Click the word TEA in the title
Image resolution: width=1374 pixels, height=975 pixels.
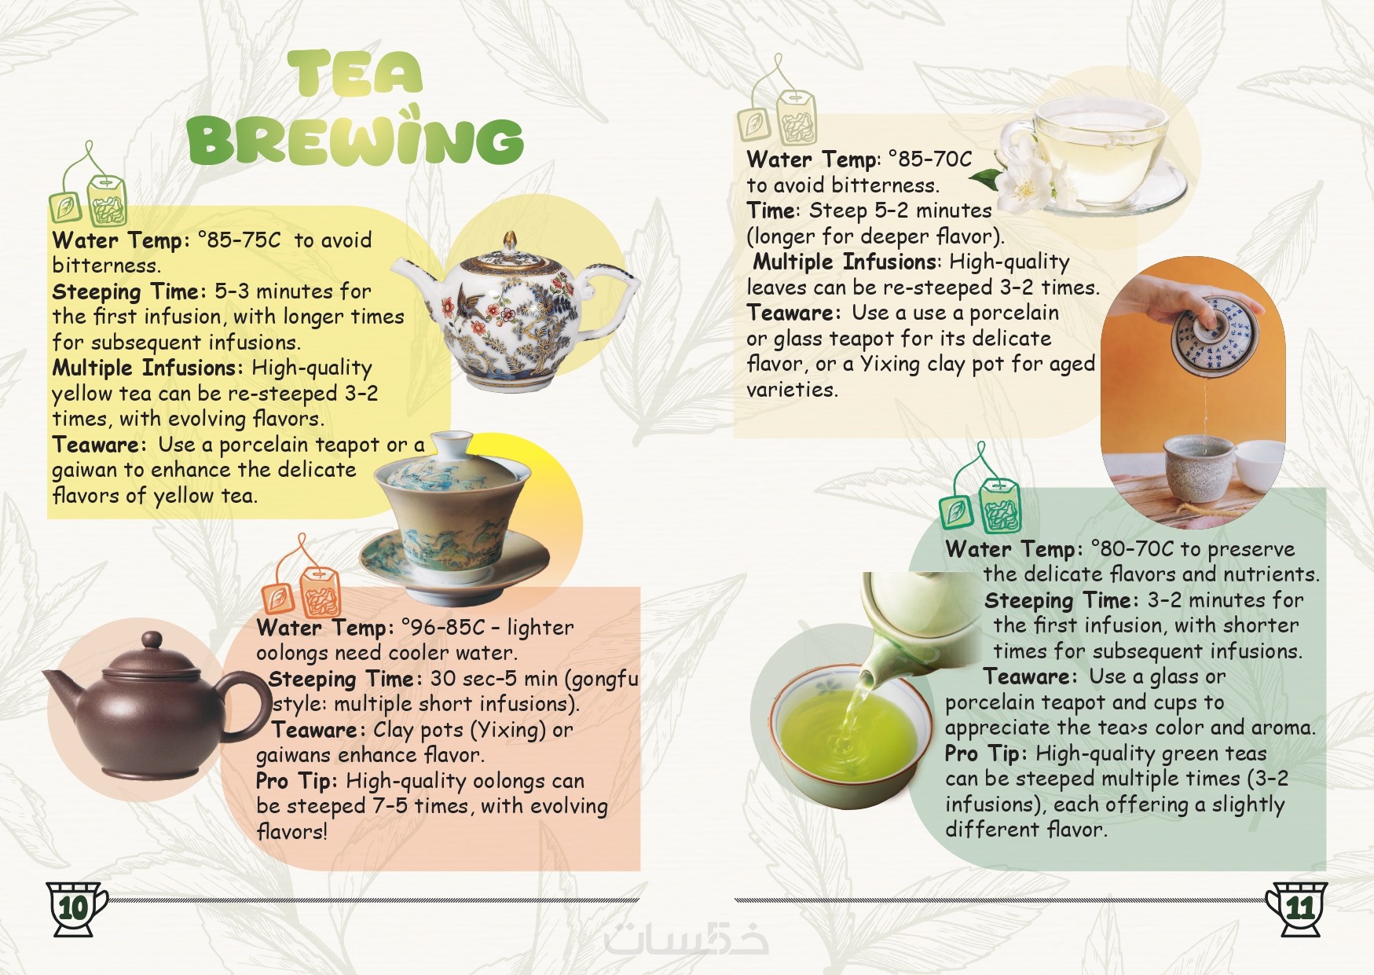(355, 73)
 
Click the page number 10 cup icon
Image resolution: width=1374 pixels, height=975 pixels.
(75, 908)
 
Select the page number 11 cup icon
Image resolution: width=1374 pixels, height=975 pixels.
(1297, 908)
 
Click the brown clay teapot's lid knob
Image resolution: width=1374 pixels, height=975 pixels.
(152, 640)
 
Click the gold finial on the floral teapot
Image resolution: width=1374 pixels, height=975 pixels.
(511, 240)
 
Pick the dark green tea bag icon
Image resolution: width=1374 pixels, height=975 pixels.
(982, 487)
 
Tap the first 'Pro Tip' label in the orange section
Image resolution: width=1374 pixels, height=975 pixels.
(296, 781)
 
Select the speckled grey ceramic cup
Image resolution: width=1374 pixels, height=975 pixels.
(1200, 468)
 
